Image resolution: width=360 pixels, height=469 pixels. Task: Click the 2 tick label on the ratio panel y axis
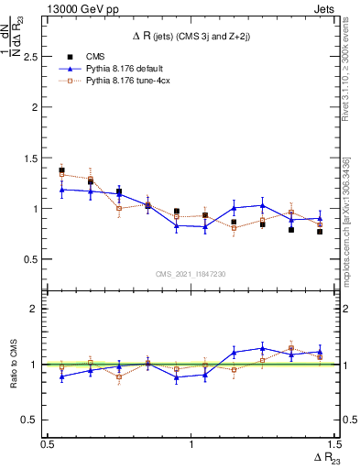36,309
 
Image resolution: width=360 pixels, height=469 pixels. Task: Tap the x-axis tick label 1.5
333,444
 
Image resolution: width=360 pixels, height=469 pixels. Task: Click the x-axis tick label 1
191,444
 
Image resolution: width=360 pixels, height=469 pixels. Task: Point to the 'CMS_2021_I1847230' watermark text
191,274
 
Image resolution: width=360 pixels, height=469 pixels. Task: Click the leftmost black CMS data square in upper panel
61,170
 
